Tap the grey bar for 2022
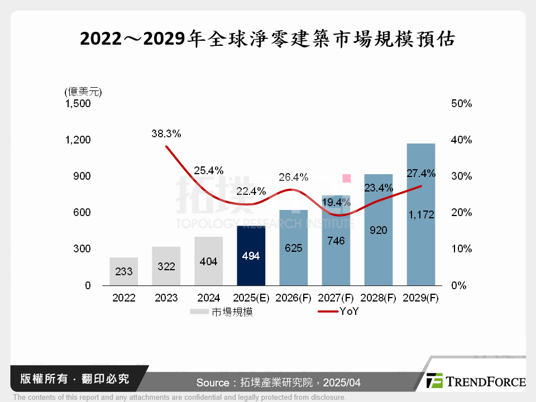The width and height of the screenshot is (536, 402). tap(124, 271)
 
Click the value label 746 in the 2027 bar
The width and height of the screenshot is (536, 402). tap(336, 241)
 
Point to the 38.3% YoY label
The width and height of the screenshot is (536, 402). tap(166, 134)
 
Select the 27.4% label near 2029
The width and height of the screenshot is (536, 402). tap(421, 173)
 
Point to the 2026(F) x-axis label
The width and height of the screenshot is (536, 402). tap(294, 298)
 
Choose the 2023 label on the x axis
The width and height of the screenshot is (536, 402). tap(166, 298)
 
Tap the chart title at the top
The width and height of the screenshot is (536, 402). tap(267, 39)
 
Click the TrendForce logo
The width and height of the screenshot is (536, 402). tap(475, 381)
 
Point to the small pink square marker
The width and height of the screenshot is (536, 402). tap(346, 178)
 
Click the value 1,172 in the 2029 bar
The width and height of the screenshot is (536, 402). tap(421, 214)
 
